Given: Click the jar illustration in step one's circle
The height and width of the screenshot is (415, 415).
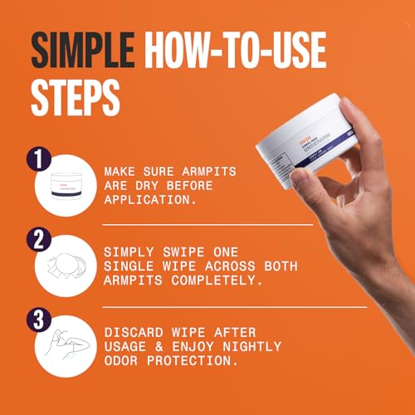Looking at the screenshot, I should click(64, 189).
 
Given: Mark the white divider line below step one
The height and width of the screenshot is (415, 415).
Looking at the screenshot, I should click(207, 224).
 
